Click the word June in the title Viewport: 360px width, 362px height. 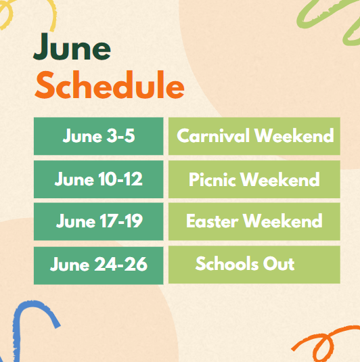tap(72, 46)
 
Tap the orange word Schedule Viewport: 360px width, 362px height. tap(110, 85)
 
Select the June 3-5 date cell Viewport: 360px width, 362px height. tap(99, 136)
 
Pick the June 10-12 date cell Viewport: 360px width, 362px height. tap(99, 179)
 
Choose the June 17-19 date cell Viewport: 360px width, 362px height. tap(99, 222)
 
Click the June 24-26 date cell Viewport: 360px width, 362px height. tap(99, 265)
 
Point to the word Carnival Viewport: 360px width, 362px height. tap(213, 135)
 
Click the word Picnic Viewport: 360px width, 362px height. tap(212, 179)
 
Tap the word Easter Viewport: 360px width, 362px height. tap(212, 221)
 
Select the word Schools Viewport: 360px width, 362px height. tap(227, 263)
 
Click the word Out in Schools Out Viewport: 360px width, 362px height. tap(279, 263)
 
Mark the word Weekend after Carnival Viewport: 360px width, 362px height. tap(294, 135)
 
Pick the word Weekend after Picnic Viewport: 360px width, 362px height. tap(280, 179)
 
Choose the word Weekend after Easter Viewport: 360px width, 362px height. tap(283, 221)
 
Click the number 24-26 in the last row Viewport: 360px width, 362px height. tap(120, 264)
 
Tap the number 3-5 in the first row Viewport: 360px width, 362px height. tap(120, 135)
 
